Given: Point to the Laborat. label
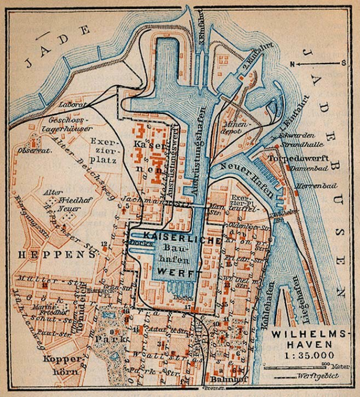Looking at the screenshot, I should (60, 105).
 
